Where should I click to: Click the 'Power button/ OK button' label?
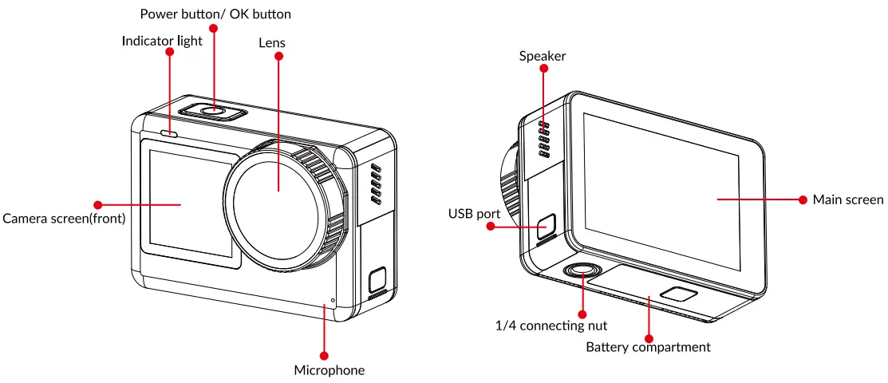pos(215,14)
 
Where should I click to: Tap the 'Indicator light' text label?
pos(162,40)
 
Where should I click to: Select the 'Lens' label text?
pos(272,42)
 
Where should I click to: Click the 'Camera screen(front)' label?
pos(64,218)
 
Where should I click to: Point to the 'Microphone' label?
pos(329,370)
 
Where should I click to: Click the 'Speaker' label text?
pos(543,56)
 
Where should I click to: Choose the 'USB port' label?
pos(474,214)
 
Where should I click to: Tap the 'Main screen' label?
pos(847,199)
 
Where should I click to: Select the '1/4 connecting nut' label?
pos(551,326)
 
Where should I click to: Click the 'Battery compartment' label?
pos(648,347)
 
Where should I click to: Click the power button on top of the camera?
pos(212,110)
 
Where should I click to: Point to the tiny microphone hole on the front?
pos(333,302)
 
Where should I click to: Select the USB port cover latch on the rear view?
pos(547,225)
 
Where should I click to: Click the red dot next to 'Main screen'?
pos(803,199)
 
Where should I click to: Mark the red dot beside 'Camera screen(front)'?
pos(98,205)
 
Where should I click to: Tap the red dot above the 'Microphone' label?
pos(324,355)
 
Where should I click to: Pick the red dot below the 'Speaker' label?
pos(544,69)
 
